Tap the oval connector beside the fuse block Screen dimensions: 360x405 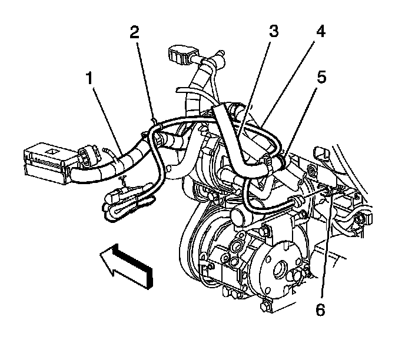click(x=89, y=156)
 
